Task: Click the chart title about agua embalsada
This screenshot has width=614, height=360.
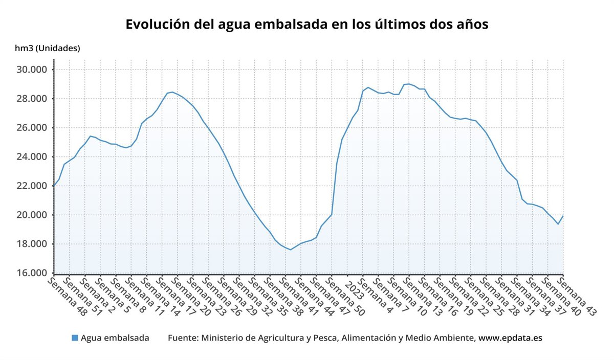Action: (x=307, y=24)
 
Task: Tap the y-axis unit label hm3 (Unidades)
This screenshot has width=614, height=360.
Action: (x=48, y=49)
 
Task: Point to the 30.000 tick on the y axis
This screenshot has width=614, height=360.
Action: (x=33, y=70)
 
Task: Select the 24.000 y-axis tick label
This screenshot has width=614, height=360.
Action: (x=33, y=157)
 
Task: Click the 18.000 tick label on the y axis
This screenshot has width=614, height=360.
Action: (x=33, y=244)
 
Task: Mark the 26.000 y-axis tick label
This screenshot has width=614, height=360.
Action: (x=33, y=128)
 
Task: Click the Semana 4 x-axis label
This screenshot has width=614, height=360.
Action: (x=376, y=295)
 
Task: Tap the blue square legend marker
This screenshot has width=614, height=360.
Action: (x=75, y=338)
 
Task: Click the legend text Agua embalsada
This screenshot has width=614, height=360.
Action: (x=115, y=338)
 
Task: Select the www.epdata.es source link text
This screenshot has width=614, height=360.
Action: (x=510, y=338)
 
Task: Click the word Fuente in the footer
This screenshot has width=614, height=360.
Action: (x=183, y=338)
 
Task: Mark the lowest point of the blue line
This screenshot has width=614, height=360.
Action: (x=290, y=250)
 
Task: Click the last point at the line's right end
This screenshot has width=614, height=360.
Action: (x=563, y=215)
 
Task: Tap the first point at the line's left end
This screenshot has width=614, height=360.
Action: (x=54, y=186)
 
